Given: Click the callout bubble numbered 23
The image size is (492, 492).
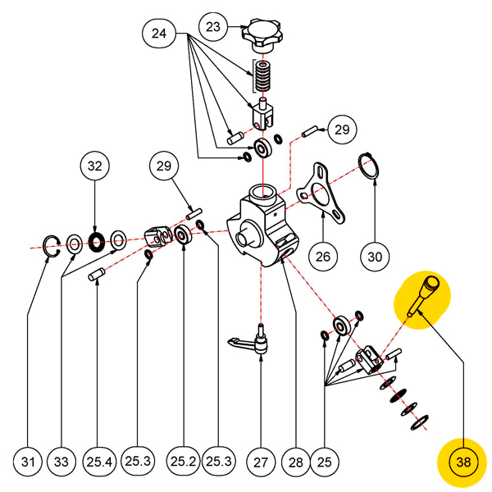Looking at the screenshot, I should pos(213,27).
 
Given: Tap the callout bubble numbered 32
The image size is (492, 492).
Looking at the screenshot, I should pos(95,166).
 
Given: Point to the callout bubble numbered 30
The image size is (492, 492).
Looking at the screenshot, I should pos(375,257).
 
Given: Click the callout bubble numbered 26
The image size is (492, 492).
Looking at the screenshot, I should pos(323,257).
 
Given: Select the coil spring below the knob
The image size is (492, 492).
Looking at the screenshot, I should pos(262,78).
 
